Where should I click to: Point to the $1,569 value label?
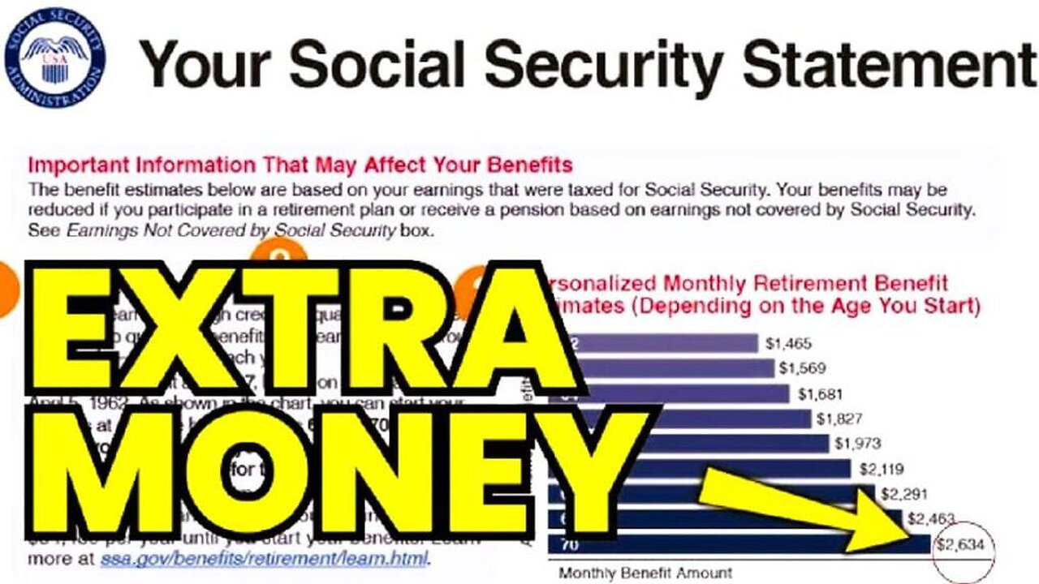point(802,368)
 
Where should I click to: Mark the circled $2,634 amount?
point(964,544)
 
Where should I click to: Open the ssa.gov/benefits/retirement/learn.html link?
point(265,559)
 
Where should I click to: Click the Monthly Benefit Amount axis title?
point(645,573)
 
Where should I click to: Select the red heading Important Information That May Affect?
point(300,165)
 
